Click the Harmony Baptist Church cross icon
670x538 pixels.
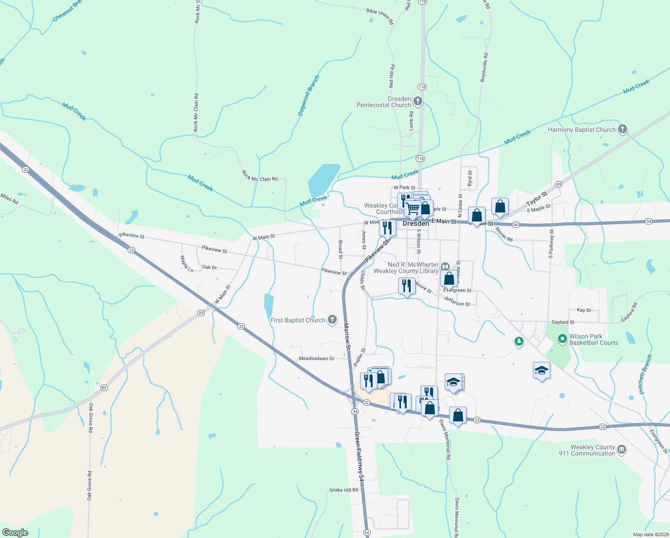tap(622, 130)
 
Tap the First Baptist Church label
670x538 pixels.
tap(298, 320)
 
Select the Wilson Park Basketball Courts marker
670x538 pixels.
tap(563, 339)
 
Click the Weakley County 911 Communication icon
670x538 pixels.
tap(622, 450)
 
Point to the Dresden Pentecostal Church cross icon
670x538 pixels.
tap(417, 101)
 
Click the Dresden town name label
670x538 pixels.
tap(416, 223)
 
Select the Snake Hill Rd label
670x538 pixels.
tap(344, 490)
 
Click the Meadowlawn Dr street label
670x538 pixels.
tap(316, 359)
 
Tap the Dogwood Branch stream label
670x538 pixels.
tap(309, 95)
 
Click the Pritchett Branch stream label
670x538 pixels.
tap(645, 374)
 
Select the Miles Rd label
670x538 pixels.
tap(9, 199)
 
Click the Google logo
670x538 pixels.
tap(15, 533)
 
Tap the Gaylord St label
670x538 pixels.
tap(563, 322)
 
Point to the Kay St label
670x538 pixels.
tap(584, 310)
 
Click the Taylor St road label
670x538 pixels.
tap(537, 198)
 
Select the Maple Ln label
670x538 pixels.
tap(186, 264)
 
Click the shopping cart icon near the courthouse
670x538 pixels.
tap(413, 208)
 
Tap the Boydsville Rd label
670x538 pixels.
tap(484, 67)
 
